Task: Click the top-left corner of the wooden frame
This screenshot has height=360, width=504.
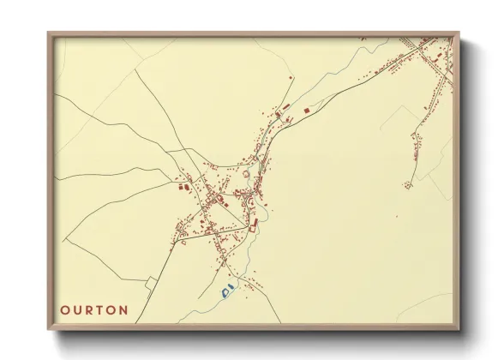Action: (x=49, y=33)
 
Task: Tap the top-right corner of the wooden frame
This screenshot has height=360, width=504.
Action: (x=459, y=33)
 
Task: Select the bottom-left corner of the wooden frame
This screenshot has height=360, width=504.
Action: (x=49, y=330)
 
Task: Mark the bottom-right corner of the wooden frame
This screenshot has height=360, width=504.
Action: (x=459, y=330)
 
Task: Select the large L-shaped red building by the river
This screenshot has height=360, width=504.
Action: (x=254, y=225)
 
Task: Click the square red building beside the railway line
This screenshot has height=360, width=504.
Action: (x=307, y=111)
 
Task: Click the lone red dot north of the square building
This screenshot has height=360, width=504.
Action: (x=291, y=79)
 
